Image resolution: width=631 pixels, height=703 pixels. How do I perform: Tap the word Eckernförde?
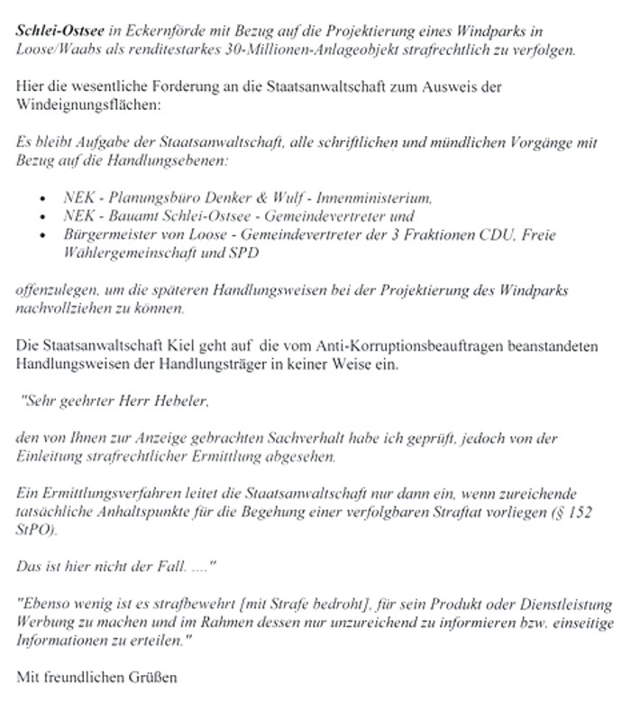pyautogui.click(x=153, y=31)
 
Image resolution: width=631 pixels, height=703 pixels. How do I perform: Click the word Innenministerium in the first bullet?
pyautogui.click(x=380, y=196)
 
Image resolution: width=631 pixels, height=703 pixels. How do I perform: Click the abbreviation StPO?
pyautogui.click(x=35, y=530)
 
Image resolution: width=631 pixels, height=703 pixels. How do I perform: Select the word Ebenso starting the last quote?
pyautogui.click(x=47, y=604)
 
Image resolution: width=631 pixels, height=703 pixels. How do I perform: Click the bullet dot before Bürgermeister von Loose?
pyautogui.click(x=44, y=235)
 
